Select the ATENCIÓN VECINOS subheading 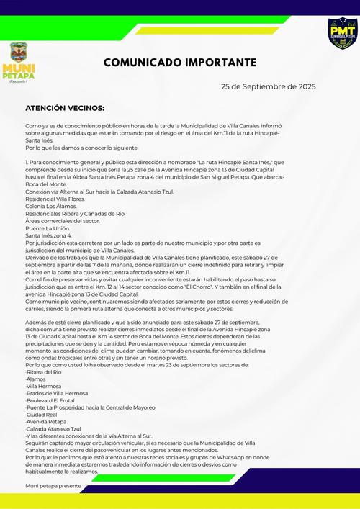pos(64,107)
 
